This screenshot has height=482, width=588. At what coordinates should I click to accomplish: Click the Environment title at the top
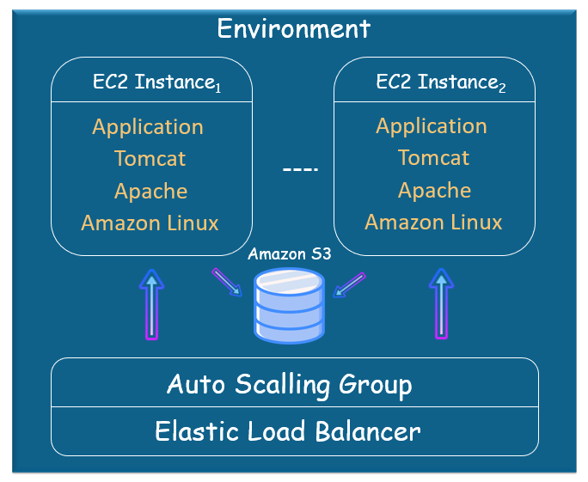293,28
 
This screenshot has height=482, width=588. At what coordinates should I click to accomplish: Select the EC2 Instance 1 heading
157,83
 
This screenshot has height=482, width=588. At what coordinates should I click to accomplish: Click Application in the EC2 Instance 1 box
148,127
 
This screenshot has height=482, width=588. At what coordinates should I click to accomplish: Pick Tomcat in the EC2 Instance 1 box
150,159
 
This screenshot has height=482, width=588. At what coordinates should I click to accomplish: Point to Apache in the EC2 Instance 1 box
150,191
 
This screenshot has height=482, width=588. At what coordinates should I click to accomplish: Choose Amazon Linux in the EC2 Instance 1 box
150,223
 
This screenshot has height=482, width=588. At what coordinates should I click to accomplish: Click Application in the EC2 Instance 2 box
432,126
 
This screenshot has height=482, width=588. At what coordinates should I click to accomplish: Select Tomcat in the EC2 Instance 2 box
433,158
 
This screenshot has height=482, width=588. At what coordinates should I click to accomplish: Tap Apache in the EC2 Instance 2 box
434,190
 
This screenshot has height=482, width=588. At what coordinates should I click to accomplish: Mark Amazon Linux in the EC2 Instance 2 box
433,223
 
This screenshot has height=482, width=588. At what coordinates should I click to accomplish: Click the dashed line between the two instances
300,169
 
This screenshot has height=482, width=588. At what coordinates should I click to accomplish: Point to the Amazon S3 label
289,254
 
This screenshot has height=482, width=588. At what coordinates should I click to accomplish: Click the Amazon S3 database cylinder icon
289,305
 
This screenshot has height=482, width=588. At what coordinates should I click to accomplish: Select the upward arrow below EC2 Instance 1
152,304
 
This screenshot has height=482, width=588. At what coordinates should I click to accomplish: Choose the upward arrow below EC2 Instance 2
441,304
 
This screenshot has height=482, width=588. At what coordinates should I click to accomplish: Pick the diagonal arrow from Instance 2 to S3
350,284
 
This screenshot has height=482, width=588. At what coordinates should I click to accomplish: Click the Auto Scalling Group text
289,384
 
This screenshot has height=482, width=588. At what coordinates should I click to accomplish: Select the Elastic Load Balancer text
288,430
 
